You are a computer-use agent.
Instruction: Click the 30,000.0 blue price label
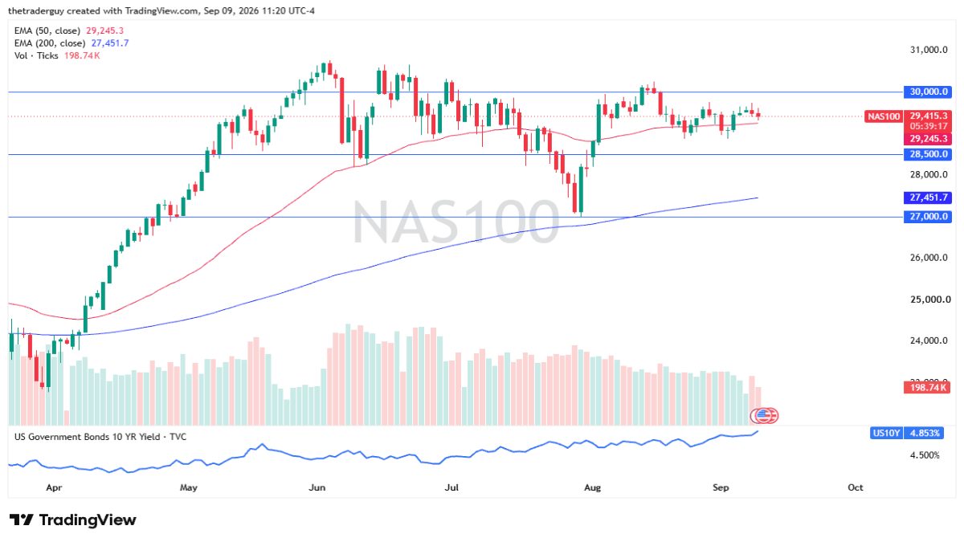927,92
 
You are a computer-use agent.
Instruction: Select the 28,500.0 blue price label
927,154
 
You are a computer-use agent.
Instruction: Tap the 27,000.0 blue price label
927,216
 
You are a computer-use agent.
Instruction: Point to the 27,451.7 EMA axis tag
927,198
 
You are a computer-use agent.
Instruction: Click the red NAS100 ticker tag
883,116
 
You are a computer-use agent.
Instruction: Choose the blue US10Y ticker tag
885,433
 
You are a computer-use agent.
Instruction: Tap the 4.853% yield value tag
924,433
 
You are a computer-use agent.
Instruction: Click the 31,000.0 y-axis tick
929,50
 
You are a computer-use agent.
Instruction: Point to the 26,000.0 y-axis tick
929,258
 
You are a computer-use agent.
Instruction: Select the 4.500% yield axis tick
925,455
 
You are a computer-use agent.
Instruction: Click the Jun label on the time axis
317,487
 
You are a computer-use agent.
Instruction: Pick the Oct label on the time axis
855,487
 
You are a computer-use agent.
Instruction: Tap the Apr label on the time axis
55,487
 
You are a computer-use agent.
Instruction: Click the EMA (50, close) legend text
47,31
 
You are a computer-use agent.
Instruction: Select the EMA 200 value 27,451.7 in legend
110,43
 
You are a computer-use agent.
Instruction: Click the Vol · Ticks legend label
36,55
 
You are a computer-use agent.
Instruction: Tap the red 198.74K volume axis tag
927,388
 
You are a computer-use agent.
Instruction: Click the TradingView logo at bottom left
73,520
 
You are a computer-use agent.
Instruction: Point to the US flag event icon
762,416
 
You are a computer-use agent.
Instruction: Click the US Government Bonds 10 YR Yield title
100,437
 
